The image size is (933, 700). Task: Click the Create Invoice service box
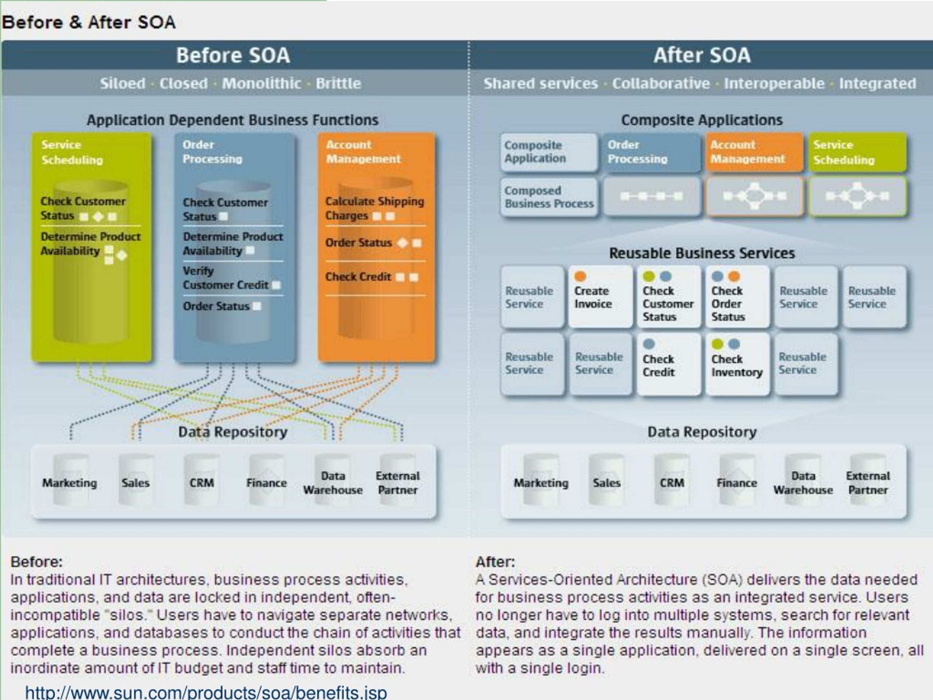tap(600, 297)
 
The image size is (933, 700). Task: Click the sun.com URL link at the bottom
tap(206, 692)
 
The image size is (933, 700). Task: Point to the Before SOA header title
tap(233, 55)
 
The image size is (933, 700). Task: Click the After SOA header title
tap(702, 55)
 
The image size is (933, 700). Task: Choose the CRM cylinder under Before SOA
tap(202, 480)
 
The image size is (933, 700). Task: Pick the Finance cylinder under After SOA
tap(737, 480)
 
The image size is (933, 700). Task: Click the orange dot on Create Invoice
tap(580, 276)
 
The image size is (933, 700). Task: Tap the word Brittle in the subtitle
tap(338, 83)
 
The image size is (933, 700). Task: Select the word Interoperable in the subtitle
tap(774, 83)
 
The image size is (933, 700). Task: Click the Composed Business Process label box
tap(549, 197)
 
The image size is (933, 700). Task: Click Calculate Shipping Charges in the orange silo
tap(375, 209)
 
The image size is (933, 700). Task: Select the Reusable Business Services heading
tap(702, 253)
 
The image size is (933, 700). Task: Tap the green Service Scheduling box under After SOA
tap(858, 152)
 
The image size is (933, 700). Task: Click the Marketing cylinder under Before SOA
tap(70, 480)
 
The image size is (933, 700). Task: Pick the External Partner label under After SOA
tap(868, 483)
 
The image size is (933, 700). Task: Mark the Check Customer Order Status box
tap(737, 297)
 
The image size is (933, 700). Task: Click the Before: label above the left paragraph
tap(36, 562)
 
